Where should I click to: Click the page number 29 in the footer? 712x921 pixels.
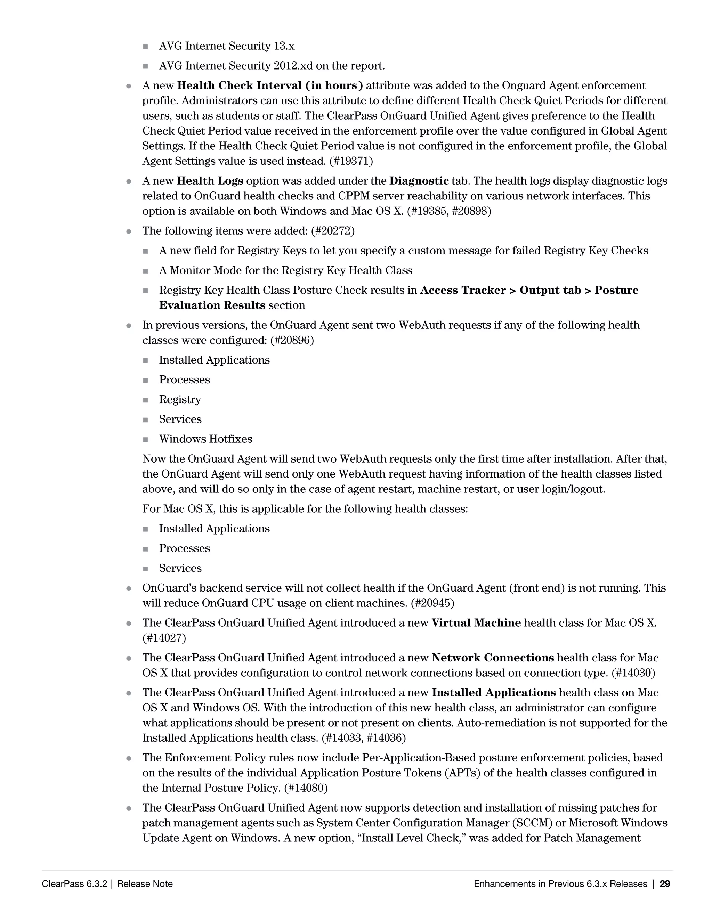[x=665, y=883]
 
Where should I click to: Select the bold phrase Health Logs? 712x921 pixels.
[x=210, y=181]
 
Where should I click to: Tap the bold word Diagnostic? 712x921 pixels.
[x=419, y=181]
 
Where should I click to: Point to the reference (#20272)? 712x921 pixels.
[x=333, y=231]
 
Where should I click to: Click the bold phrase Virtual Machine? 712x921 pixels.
[x=476, y=623]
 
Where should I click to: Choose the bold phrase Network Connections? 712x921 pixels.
[x=493, y=658]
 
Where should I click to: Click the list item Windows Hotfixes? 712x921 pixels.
[x=205, y=439]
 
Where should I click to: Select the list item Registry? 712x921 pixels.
[x=180, y=399]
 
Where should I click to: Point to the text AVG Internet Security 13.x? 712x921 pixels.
[x=227, y=46]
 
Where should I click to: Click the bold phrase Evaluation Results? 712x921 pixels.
[x=212, y=305]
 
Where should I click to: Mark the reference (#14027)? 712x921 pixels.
[x=164, y=638]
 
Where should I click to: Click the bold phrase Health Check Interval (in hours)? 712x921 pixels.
[x=270, y=85]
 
